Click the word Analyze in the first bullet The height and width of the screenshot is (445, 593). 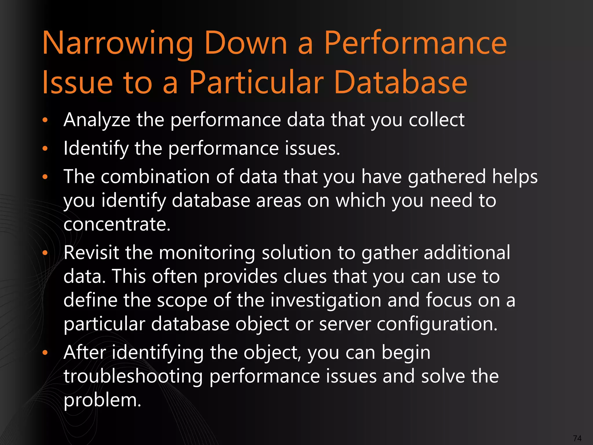click(97, 120)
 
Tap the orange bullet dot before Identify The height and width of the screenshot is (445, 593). click(45, 149)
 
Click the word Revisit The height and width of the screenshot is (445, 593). click(91, 253)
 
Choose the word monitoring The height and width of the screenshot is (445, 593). click(207, 253)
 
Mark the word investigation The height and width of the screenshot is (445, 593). click(326, 300)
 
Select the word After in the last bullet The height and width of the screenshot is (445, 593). click(85, 353)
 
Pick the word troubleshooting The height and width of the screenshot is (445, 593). click(133, 377)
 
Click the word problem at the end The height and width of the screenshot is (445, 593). click(102, 401)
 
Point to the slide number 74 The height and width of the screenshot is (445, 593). click(577, 438)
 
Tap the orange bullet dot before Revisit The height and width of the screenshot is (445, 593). click(45, 253)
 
